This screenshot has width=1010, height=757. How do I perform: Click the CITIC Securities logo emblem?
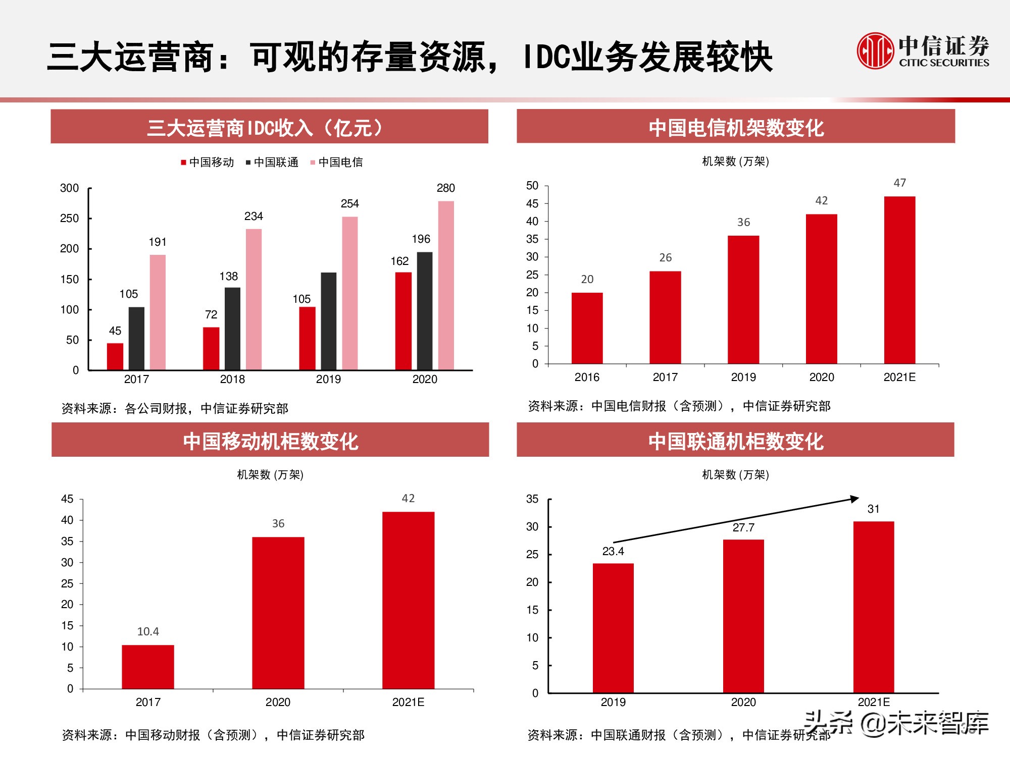coord(875,50)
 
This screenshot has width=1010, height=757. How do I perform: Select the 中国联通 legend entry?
coord(272,163)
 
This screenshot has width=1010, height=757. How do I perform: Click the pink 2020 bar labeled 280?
coord(446,285)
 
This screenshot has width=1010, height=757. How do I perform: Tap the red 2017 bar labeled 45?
coord(115,356)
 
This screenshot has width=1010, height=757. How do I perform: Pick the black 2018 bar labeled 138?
coord(232,329)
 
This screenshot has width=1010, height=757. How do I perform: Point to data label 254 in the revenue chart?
coord(349,204)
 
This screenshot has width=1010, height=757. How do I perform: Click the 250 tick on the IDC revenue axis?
coord(69,219)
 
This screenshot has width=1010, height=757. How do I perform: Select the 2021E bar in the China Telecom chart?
coord(899,280)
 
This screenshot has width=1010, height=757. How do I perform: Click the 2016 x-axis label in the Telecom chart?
coord(587,377)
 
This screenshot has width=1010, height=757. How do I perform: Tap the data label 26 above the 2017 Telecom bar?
coord(665,258)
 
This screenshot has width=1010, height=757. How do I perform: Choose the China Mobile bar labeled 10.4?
coord(148,667)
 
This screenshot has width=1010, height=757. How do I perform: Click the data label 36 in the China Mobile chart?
coord(278,524)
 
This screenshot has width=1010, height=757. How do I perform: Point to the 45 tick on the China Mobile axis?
coord(67,499)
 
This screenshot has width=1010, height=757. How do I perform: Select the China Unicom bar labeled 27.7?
coord(743,616)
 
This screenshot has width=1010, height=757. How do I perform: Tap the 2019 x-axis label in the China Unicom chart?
coord(613,702)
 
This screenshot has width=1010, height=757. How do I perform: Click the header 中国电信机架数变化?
coord(736,127)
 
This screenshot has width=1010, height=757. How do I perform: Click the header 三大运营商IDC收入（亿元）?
coord(269,127)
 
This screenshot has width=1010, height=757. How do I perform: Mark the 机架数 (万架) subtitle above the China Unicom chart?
coord(735,475)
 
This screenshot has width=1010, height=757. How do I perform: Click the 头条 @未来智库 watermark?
coord(896,723)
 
